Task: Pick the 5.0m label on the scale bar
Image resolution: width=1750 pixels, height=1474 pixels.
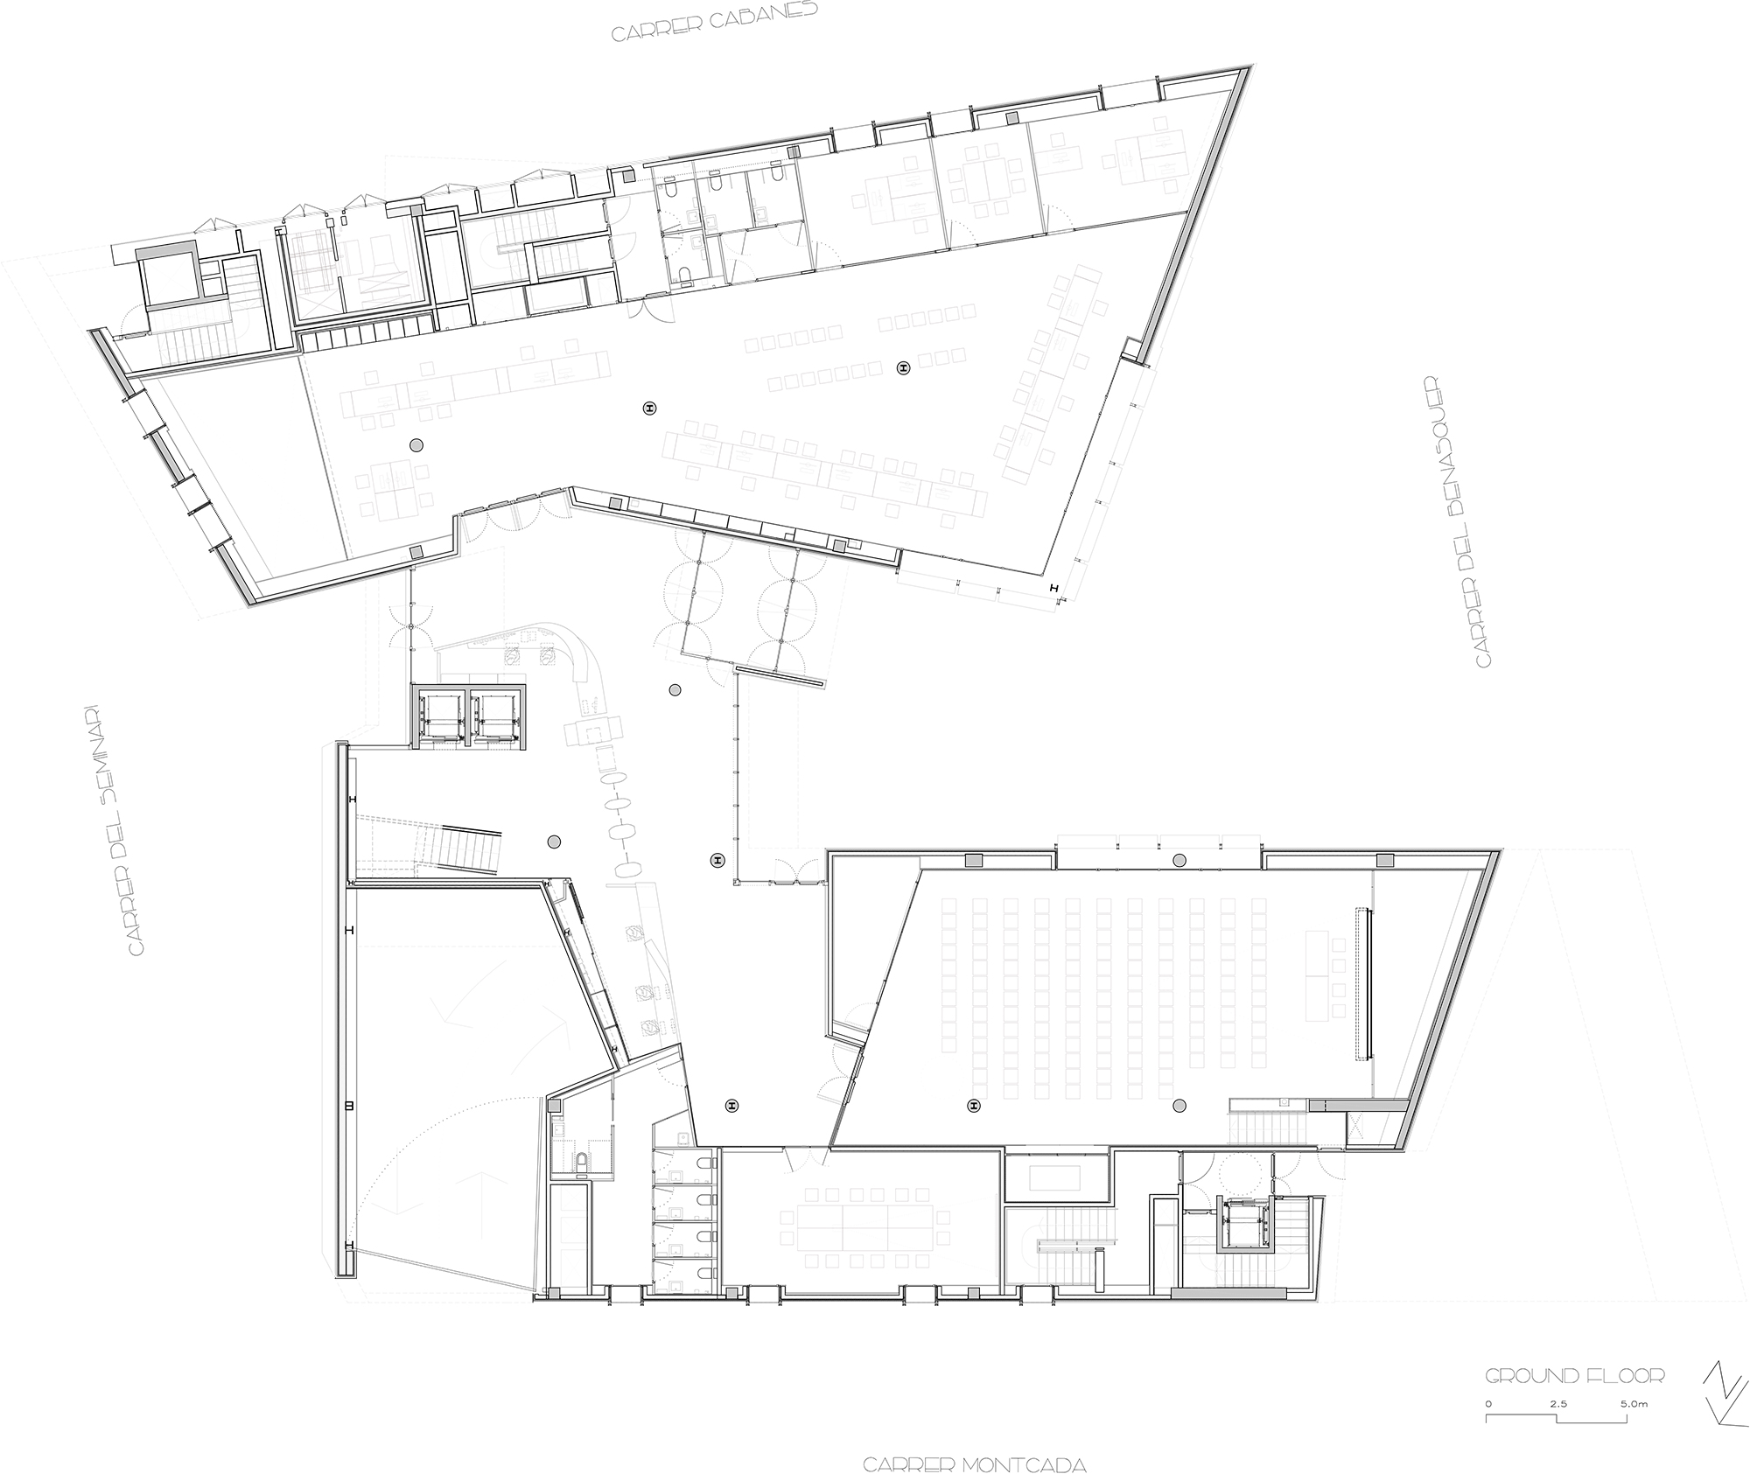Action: pos(1634,1404)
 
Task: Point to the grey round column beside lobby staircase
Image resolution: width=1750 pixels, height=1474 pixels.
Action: pos(553,842)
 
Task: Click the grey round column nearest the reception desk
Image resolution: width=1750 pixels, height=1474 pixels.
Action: pos(675,690)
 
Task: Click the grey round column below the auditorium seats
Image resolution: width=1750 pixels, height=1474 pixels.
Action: pos(1179,1105)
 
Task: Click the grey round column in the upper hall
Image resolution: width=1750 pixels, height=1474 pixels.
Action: pos(416,446)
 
